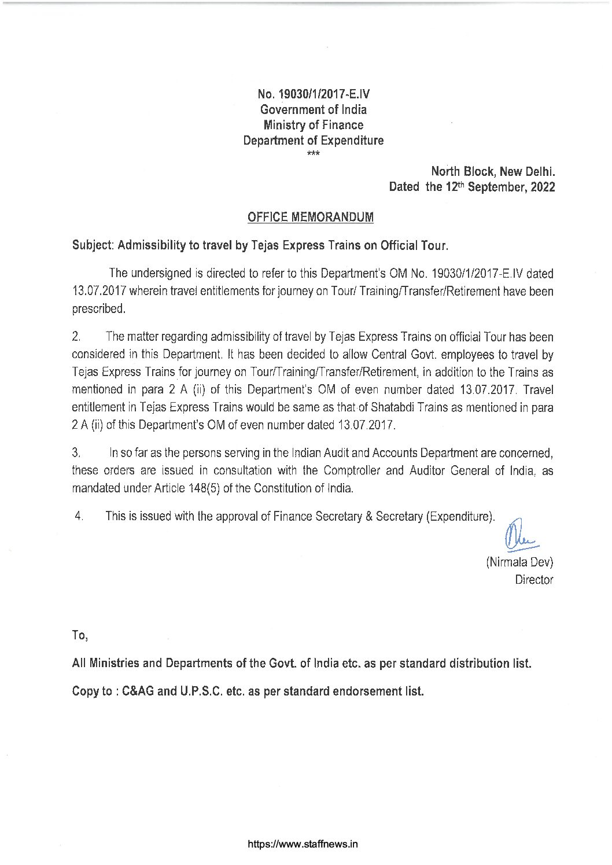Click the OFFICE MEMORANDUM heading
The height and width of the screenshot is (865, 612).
(310, 217)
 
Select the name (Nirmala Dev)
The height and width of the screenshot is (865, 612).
(519, 562)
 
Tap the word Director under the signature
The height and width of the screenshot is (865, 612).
(533, 580)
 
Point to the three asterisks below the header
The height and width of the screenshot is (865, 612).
(312, 153)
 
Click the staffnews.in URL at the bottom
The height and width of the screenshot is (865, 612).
(303, 844)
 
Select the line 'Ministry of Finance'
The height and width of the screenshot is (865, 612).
(313, 125)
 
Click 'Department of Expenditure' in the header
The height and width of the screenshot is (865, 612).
(313, 141)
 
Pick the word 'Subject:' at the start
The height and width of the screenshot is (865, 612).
(93, 245)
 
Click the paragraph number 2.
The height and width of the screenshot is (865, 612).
(75, 337)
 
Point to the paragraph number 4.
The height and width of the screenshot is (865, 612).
(79, 516)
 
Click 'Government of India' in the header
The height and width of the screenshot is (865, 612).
(313, 109)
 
